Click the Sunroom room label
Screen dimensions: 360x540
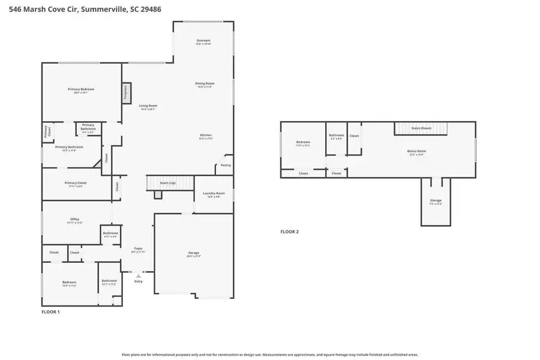coord(203,41)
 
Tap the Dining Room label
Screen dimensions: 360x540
coord(205,83)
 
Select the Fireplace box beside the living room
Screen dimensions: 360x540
coord(126,92)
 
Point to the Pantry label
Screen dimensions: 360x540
coord(226,165)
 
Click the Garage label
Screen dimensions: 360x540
coord(193,253)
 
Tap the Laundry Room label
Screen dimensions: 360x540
coord(214,193)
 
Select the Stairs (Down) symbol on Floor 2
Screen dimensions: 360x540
coord(421,128)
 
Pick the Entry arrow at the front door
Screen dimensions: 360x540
coord(139,276)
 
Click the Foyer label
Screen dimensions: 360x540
coord(138,248)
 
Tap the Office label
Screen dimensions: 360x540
coord(74,220)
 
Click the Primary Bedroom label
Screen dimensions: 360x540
coord(80,89)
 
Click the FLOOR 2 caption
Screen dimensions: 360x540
coord(289,232)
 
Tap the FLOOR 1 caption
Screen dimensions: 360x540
coord(50,312)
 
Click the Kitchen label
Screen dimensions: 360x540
coord(206,136)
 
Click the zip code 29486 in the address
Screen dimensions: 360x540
coord(151,9)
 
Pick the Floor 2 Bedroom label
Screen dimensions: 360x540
coord(302,142)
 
